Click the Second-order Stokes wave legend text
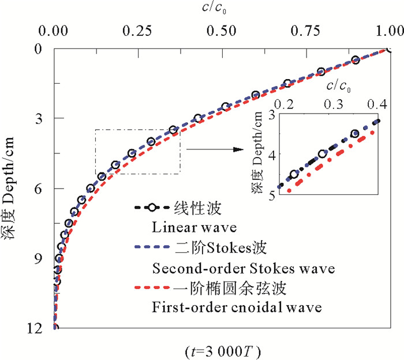pos(243,268)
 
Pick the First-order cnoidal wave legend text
pos(236,307)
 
